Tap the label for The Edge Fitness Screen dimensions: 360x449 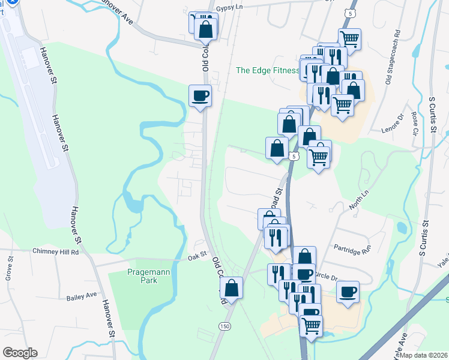(267, 70)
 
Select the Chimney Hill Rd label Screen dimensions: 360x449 (56, 252)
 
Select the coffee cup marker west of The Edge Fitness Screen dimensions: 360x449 (200, 95)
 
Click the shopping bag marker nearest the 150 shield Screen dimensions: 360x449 (231, 287)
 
